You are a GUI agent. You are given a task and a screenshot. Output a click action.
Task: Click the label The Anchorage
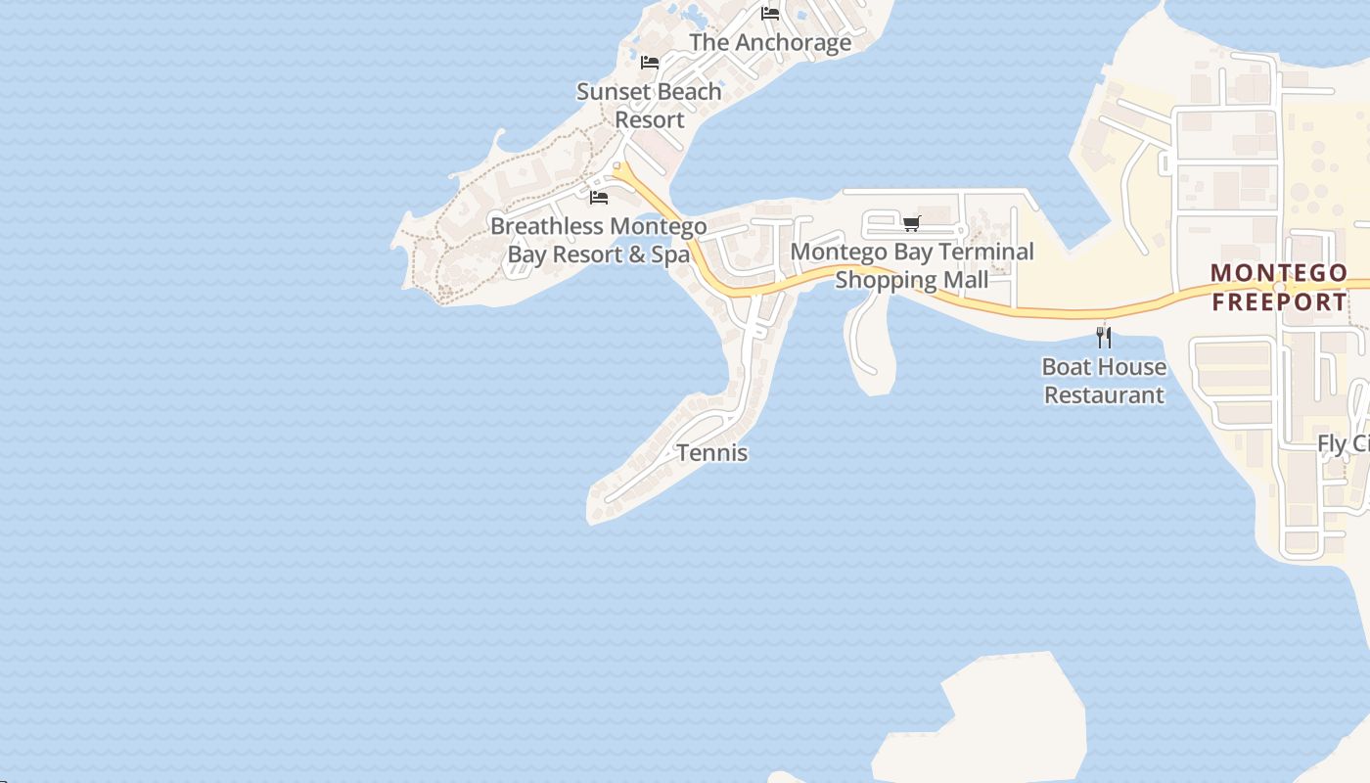(x=770, y=43)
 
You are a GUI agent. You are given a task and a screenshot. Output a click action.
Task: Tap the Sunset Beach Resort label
(x=649, y=106)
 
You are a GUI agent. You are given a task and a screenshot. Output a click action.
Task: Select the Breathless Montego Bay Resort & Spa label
(x=598, y=241)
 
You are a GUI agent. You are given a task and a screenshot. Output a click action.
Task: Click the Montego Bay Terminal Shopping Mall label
(x=912, y=265)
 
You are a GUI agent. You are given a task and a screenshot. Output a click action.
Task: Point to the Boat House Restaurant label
(x=1104, y=381)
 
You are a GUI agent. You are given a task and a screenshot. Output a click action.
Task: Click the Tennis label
(x=712, y=453)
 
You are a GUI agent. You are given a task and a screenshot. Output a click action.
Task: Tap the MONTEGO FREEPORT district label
(x=1279, y=287)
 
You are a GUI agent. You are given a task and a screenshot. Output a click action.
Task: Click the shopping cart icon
(x=912, y=223)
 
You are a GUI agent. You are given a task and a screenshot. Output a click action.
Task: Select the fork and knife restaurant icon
(x=1104, y=338)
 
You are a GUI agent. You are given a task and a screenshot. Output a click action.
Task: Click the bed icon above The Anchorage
(x=770, y=14)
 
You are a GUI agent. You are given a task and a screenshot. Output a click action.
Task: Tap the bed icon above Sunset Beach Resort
(x=649, y=63)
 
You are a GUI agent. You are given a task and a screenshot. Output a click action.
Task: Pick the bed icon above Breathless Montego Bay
(x=599, y=198)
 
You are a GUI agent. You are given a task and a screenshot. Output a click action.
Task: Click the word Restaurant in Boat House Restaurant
(x=1104, y=395)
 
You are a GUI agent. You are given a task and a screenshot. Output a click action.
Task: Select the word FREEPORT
(x=1279, y=301)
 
